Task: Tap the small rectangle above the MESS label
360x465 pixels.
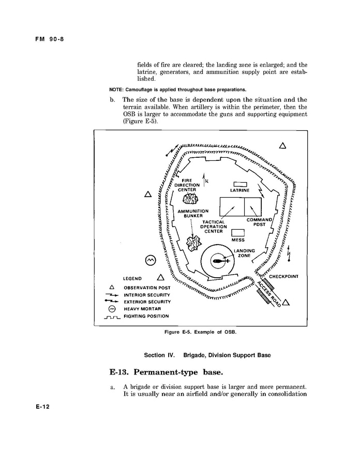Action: [x=238, y=233]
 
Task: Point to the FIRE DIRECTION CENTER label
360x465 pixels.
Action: [x=187, y=185]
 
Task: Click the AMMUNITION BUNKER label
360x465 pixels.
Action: [x=193, y=214]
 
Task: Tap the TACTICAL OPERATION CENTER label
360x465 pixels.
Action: [x=214, y=227]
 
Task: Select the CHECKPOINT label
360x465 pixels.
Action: [x=284, y=276]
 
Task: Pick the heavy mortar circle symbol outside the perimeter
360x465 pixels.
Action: [x=151, y=260]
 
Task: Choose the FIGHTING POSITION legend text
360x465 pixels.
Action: [x=146, y=316]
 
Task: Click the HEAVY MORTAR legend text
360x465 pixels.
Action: [x=142, y=309]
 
